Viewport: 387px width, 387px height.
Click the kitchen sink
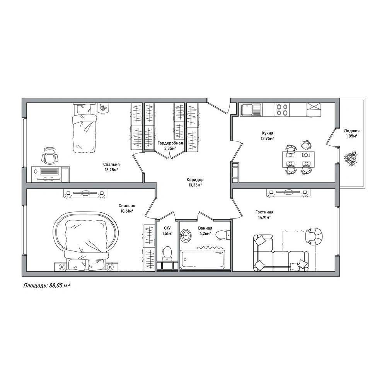tap(251, 109)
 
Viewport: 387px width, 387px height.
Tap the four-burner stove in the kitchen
tap(282, 109)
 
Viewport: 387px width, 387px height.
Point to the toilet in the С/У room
tap(167, 254)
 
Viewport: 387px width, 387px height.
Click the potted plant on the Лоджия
tap(351, 158)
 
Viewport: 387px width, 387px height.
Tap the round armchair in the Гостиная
tap(314, 236)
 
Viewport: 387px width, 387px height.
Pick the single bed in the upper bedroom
tap(84, 128)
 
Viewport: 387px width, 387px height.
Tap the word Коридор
tap(195, 180)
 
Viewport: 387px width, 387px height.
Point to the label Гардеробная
tap(170, 143)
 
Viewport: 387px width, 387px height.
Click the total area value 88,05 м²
tap(59, 286)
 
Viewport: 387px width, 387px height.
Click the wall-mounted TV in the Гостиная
tap(288, 192)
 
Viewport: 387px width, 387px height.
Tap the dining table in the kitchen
tap(298, 160)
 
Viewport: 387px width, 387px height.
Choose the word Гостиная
tap(264, 212)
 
